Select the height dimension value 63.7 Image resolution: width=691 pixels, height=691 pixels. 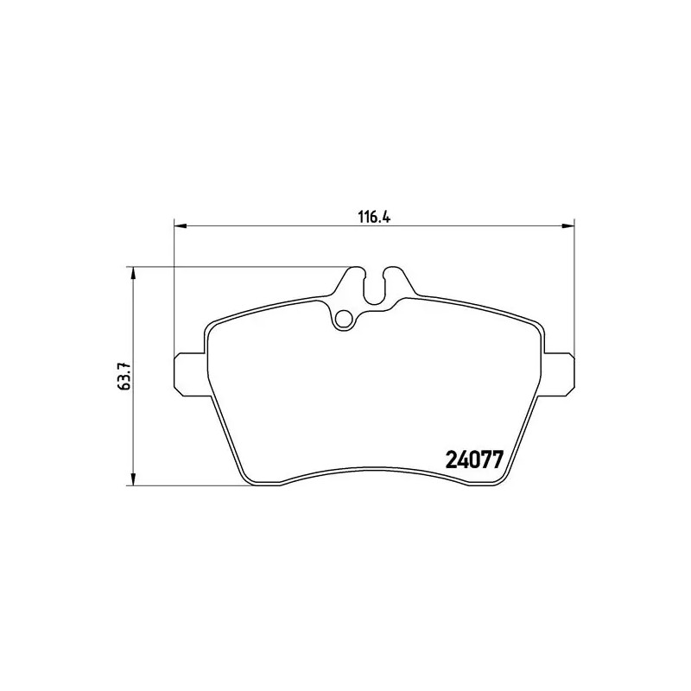(124, 377)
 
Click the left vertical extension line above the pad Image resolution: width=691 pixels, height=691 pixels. (174, 285)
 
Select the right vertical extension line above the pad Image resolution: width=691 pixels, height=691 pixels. (574, 285)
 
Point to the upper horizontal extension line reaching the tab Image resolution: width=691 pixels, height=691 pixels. (242, 266)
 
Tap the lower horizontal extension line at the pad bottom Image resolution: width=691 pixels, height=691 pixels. (190, 485)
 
